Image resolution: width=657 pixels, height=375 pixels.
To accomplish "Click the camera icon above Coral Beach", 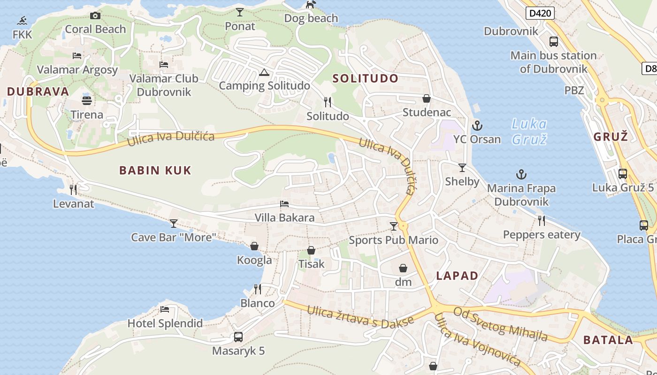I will click(x=95, y=15).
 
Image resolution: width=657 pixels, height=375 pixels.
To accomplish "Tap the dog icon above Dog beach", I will click(x=311, y=5).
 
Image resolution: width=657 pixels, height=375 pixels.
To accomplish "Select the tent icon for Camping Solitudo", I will click(x=264, y=72).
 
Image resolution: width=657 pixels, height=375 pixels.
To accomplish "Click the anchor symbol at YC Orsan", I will click(x=477, y=126).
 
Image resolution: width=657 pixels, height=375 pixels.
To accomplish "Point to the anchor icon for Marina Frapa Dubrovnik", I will click(x=521, y=175).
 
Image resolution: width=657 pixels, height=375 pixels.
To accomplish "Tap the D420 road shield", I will click(x=540, y=13).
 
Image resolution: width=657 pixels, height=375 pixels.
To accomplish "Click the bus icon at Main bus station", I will click(x=554, y=42).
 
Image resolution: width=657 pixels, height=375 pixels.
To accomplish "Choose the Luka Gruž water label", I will click(x=529, y=131).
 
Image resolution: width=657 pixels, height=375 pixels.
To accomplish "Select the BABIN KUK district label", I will click(x=155, y=170).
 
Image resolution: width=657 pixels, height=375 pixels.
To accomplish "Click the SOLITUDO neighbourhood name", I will click(x=366, y=78).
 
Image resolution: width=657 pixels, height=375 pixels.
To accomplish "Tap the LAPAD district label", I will click(x=457, y=276).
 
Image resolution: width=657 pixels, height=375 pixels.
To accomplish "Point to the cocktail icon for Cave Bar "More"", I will click(x=174, y=223).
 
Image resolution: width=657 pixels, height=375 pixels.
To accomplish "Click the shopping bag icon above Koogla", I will click(x=254, y=246).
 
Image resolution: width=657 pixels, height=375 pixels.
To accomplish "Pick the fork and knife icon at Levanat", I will click(x=73, y=189).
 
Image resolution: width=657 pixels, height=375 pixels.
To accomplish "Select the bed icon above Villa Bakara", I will click(x=284, y=204).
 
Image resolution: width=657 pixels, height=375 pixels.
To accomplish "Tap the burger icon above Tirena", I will click(x=87, y=100).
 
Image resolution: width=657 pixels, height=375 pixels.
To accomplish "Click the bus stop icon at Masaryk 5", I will click(x=238, y=337).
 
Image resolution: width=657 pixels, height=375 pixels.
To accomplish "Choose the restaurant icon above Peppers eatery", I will click(x=542, y=220).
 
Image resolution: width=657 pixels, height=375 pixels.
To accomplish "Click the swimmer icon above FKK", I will click(x=22, y=21).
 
